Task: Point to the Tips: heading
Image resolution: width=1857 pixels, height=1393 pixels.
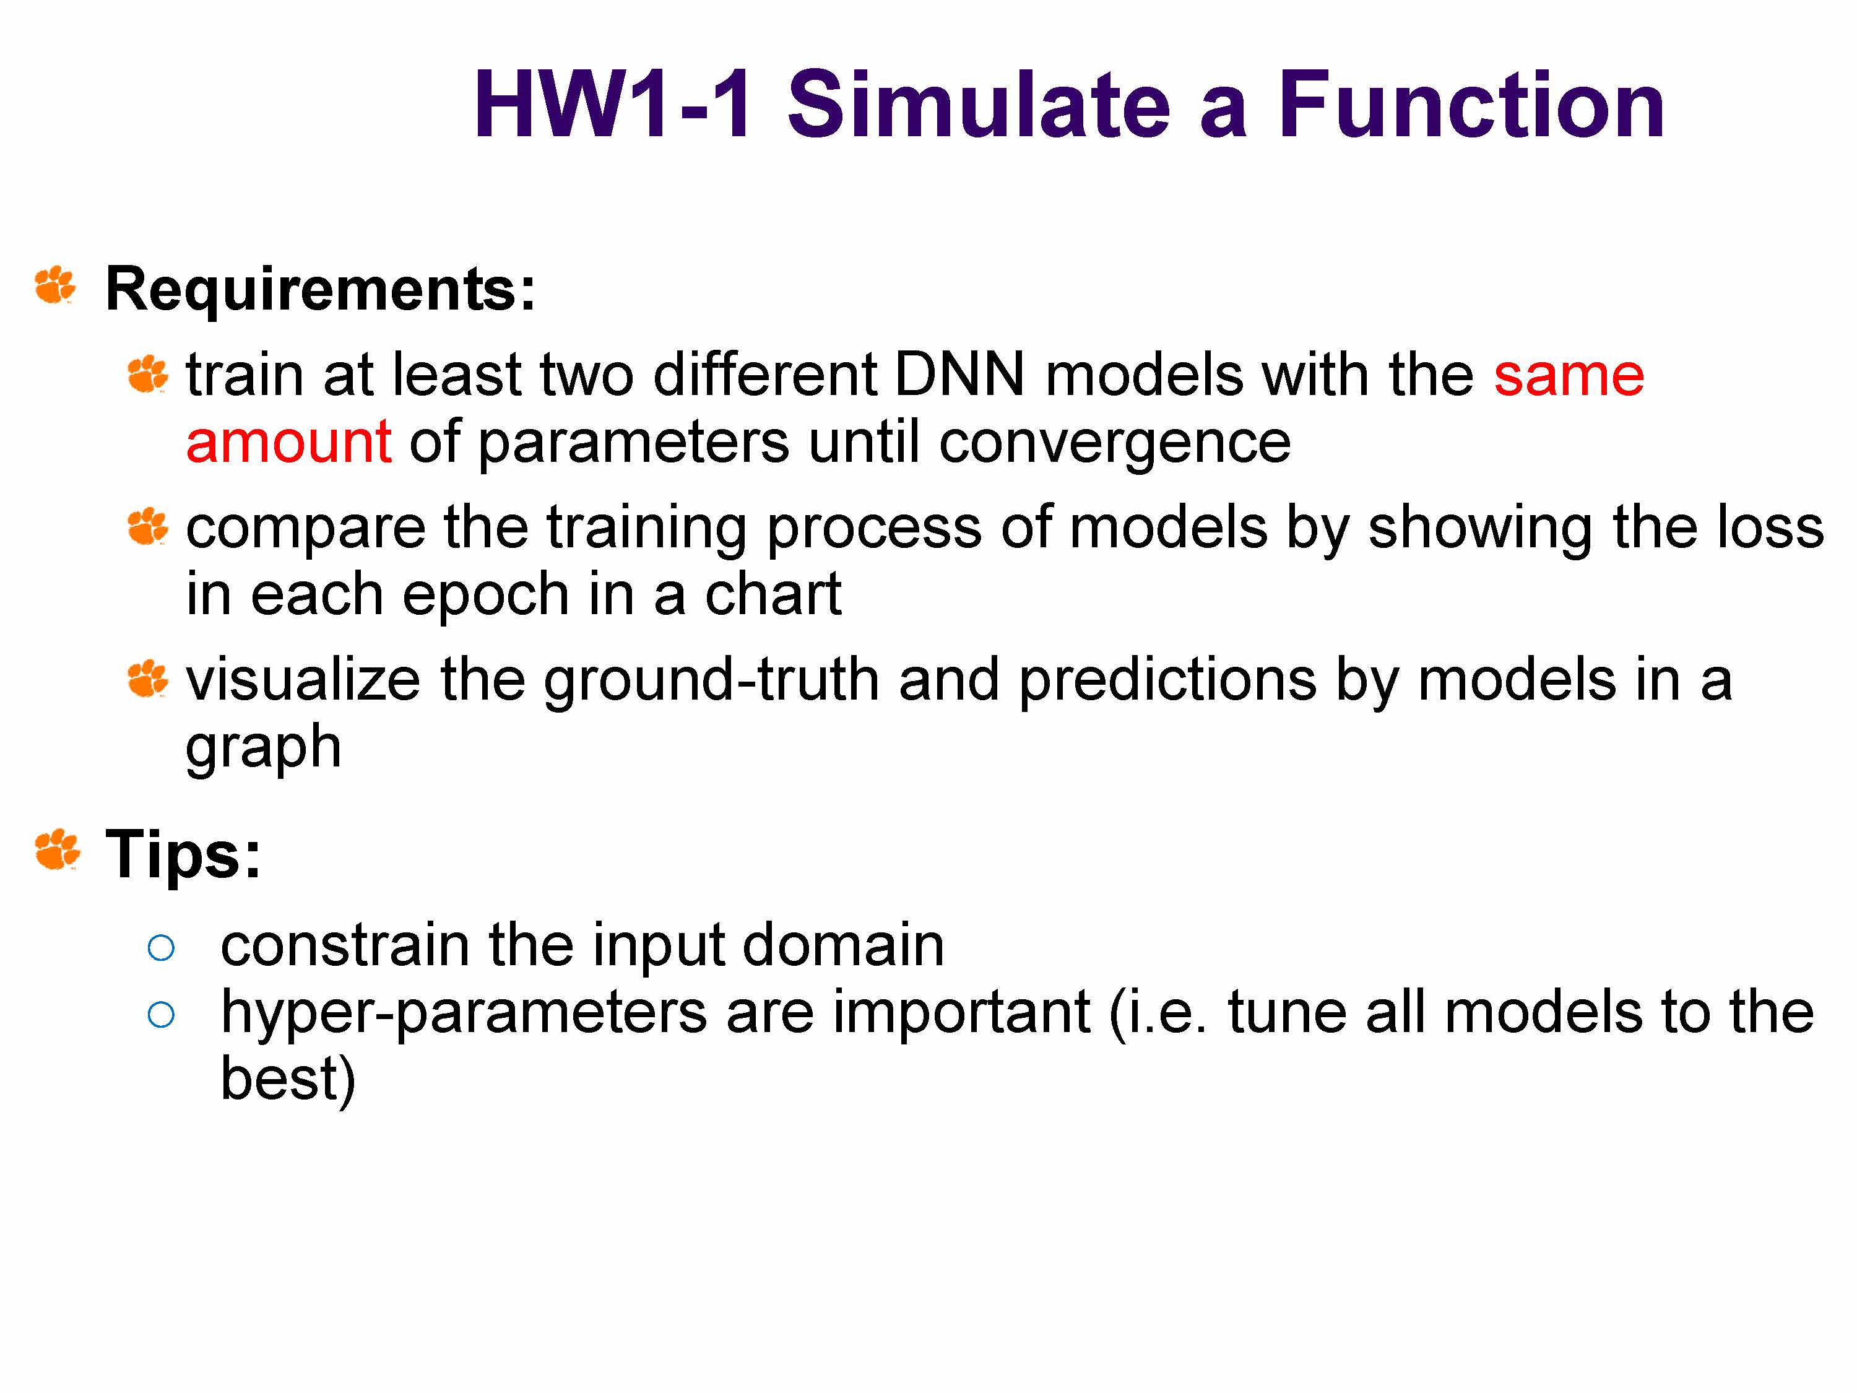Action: [x=183, y=855]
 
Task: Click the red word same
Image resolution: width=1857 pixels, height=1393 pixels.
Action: [x=1568, y=375]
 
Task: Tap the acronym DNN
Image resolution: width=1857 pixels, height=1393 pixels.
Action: [x=959, y=375]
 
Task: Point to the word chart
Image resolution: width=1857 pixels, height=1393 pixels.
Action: [x=773, y=593]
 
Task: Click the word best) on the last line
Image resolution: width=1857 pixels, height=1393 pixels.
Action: [x=288, y=1080]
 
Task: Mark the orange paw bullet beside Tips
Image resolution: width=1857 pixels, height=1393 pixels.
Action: [x=57, y=850]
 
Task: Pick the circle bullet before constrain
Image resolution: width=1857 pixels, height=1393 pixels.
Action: [x=160, y=948]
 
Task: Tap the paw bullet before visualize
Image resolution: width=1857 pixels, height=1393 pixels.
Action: [x=148, y=679]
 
